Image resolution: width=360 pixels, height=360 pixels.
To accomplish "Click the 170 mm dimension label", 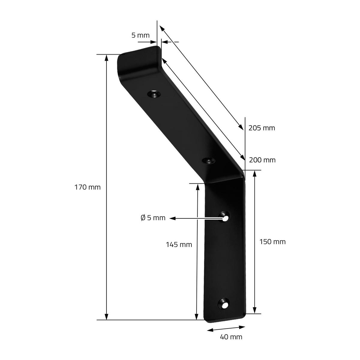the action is click(x=87, y=187).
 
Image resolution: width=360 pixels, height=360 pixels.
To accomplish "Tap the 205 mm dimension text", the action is click(x=262, y=128).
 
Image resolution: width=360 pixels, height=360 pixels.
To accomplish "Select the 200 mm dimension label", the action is click(x=262, y=160).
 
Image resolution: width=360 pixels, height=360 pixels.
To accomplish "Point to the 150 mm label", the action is click(x=273, y=242).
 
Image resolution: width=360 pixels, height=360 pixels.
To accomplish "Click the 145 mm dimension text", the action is click(x=179, y=245).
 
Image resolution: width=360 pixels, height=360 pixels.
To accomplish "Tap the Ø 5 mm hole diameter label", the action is click(x=153, y=218).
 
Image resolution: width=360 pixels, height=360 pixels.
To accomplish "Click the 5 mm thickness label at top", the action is click(x=140, y=35).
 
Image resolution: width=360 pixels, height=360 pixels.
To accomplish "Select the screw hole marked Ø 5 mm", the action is click(x=224, y=217).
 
